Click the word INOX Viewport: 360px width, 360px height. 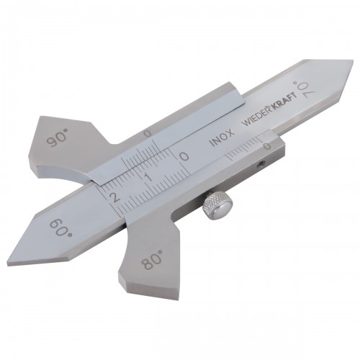221,138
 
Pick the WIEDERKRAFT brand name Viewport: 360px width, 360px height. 269,108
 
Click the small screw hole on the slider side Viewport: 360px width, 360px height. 259,164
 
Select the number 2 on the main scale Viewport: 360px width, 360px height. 114,198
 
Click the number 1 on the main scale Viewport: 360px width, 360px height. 149,178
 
